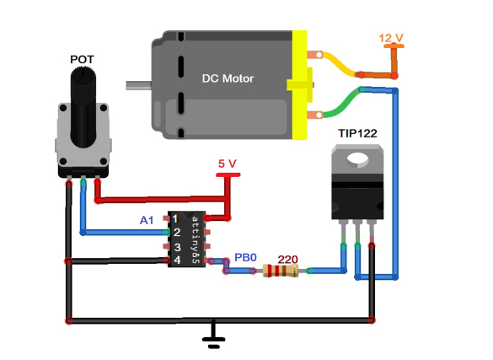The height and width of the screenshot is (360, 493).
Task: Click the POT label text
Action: point(82,59)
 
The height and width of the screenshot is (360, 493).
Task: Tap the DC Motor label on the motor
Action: point(228,78)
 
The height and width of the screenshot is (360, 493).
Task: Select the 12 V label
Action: point(391,38)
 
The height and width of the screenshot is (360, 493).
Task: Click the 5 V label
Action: point(227,164)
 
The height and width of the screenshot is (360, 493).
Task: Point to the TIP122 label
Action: point(357,133)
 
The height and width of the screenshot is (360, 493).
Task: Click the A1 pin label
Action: point(147,220)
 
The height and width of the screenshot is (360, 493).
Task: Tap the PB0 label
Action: point(245,257)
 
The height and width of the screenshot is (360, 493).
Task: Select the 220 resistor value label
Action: point(287,260)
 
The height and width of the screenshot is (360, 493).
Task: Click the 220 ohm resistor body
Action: point(281,271)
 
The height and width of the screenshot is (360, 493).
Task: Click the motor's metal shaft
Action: point(139,85)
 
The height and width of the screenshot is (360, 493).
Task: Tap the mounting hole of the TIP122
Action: point(357,159)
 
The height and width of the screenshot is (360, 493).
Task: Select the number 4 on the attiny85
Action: point(177,260)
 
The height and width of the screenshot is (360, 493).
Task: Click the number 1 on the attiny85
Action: point(175,218)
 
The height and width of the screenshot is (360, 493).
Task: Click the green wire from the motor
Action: point(341,103)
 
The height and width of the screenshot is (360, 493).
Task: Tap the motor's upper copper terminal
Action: point(314,55)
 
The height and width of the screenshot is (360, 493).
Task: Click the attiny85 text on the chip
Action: point(196,239)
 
